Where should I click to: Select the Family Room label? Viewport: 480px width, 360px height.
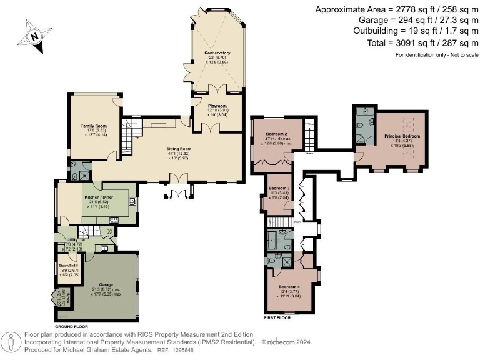[x=92, y=126]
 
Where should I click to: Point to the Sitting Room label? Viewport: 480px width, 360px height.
[x=179, y=149]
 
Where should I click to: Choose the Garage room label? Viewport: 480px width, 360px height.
[x=104, y=285]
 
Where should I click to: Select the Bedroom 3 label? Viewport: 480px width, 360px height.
[x=279, y=188]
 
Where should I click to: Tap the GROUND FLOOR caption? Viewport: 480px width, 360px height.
[x=72, y=327]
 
